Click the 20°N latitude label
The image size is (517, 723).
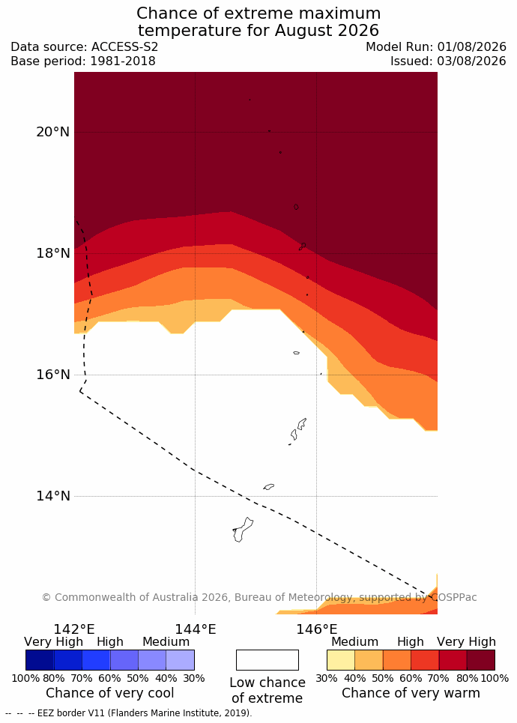point(53,132)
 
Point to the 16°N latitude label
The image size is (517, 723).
point(53,375)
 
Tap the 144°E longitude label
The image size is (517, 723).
point(195,629)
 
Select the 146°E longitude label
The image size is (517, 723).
point(317,629)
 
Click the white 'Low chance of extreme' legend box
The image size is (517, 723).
point(267,660)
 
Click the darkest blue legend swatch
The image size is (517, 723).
point(40,660)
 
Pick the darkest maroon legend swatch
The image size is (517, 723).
point(481,660)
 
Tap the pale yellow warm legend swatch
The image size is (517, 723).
point(341,660)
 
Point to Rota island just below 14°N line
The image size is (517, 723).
point(269,486)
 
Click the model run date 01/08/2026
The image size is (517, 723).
point(472,47)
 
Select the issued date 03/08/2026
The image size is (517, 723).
point(472,61)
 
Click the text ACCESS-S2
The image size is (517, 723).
point(124,47)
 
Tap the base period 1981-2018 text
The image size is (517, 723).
point(123,61)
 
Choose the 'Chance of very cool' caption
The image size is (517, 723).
point(109,692)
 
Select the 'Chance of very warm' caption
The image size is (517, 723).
point(411,692)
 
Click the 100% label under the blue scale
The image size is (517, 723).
point(25,678)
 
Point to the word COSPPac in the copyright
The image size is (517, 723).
point(454,598)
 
